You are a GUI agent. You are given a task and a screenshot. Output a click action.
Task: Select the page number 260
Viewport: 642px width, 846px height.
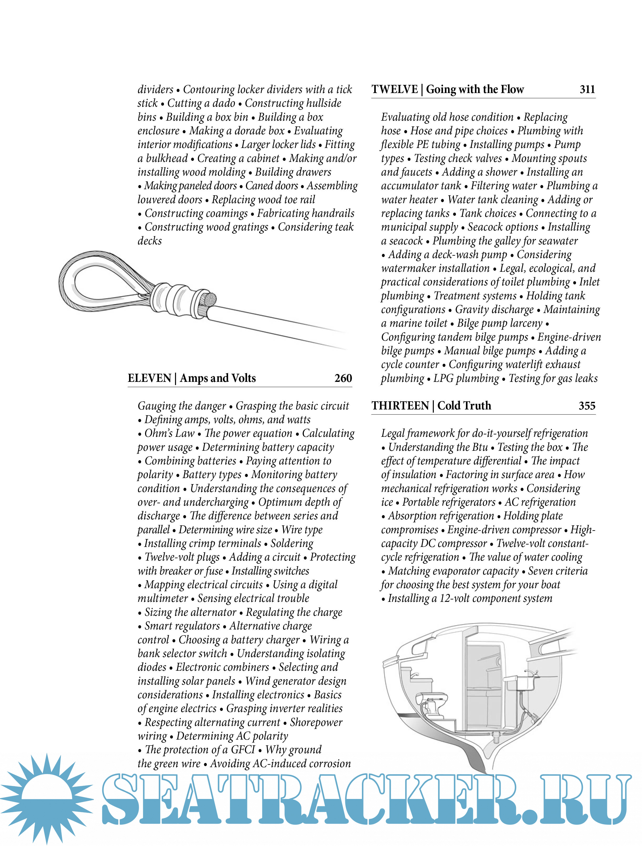(x=343, y=378)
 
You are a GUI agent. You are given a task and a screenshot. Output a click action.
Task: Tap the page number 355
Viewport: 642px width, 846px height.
(x=587, y=406)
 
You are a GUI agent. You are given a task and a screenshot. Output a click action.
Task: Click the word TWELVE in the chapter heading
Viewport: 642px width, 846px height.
(x=395, y=90)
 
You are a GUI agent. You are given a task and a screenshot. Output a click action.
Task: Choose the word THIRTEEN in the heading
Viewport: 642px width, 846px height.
(x=400, y=406)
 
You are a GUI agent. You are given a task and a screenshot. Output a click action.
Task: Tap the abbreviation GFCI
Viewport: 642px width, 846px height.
(x=242, y=750)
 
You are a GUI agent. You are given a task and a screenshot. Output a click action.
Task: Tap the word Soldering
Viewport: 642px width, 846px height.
(x=292, y=544)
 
